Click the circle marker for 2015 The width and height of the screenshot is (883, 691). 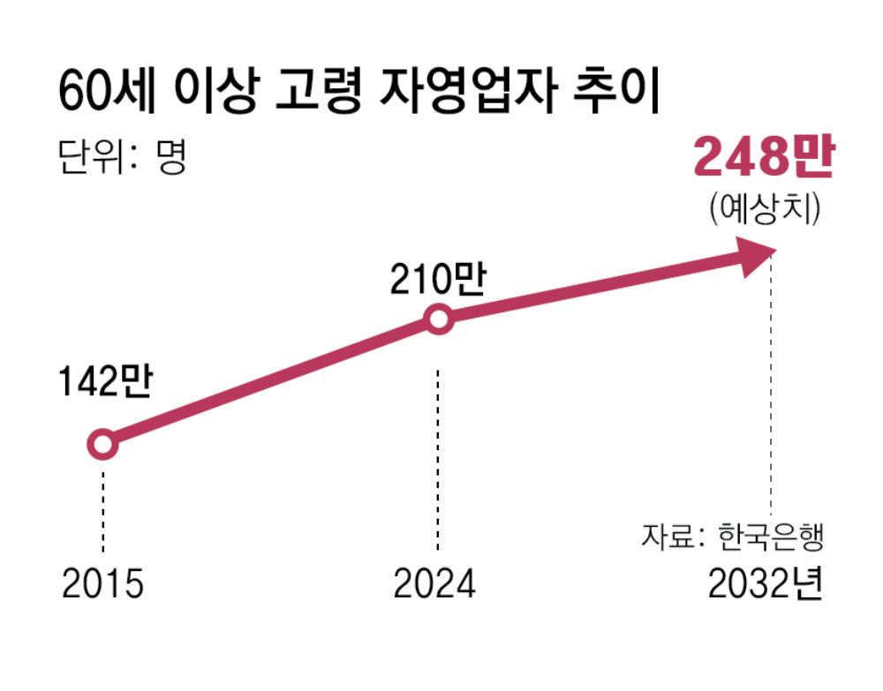tap(103, 444)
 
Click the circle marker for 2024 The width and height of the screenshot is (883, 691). tap(439, 320)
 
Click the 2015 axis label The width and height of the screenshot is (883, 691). tap(102, 584)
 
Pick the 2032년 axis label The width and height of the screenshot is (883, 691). tap(765, 584)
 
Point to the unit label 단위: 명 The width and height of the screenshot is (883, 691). tap(123, 160)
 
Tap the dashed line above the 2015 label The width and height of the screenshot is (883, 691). tap(103, 512)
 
